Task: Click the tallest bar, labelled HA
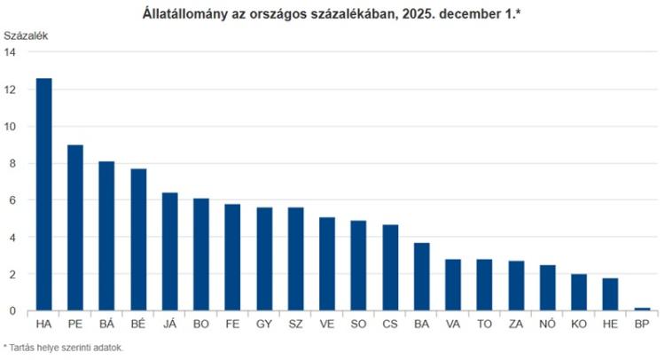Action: pos(43,194)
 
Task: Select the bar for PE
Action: pos(75,228)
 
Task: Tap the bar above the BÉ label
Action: pos(138,239)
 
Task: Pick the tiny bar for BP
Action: pos(642,309)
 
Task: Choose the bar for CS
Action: pos(390,268)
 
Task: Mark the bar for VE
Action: pos(327,263)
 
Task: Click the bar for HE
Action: pos(610,294)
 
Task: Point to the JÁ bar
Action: pos(169,252)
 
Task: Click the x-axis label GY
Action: pos(264,325)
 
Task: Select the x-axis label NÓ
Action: pos(548,325)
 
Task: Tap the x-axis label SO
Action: pos(358,325)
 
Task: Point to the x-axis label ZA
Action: pos(516,325)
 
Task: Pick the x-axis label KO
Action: pos(579,325)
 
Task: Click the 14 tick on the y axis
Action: pos(10,52)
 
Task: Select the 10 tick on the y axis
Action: pos(10,127)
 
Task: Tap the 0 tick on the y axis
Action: pos(12,311)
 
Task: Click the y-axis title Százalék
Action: pos(26,36)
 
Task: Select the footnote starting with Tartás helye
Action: pos(63,348)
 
